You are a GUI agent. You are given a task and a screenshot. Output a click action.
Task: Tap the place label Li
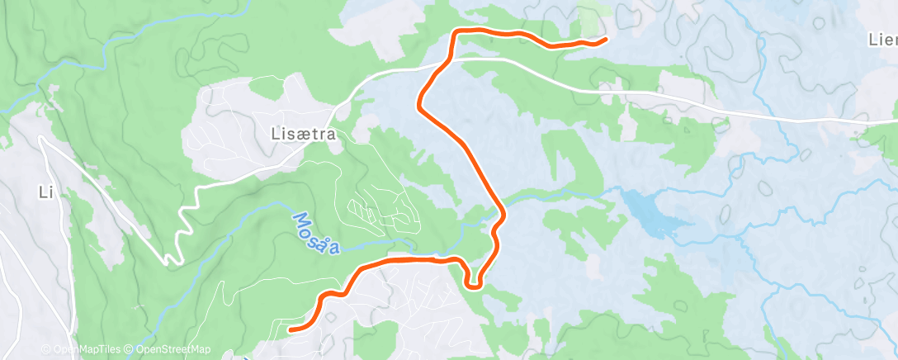click(x=45, y=192)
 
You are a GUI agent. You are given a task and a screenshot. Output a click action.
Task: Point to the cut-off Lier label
click(x=882, y=40)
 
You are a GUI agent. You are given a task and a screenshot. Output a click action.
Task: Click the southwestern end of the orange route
click(x=291, y=329)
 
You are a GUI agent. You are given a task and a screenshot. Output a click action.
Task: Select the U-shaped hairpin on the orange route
click(x=473, y=285)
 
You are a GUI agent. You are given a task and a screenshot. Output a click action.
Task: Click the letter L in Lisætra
click(x=276, y=133)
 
